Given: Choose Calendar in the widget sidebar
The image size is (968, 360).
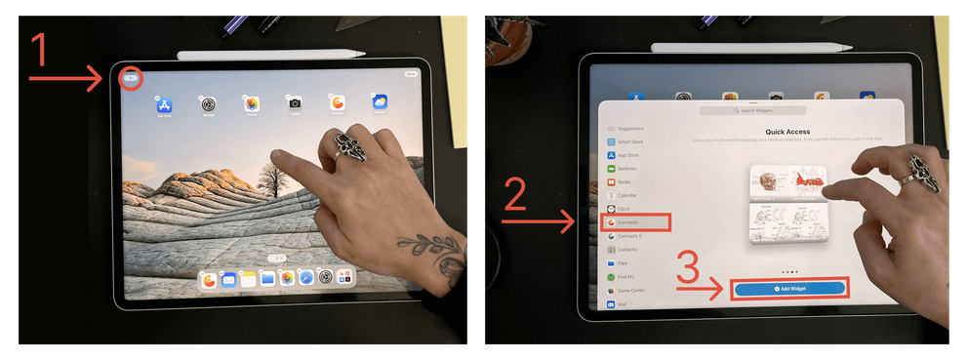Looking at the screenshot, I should [x=626, y=195].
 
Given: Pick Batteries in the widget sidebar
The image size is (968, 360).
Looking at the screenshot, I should [x=627, y=168].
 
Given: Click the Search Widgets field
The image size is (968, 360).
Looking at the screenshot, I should [x=753, y=111].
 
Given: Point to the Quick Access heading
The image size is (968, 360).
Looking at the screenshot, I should [x=788, y=131].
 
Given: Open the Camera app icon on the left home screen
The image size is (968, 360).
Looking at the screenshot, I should [x=295, y=103].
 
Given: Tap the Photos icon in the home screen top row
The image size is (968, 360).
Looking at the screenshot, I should [x=252, y=103].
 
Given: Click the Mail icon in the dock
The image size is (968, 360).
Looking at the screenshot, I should [x=228, y=280].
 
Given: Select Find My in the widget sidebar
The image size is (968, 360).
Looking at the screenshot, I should [x=628, y=277].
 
